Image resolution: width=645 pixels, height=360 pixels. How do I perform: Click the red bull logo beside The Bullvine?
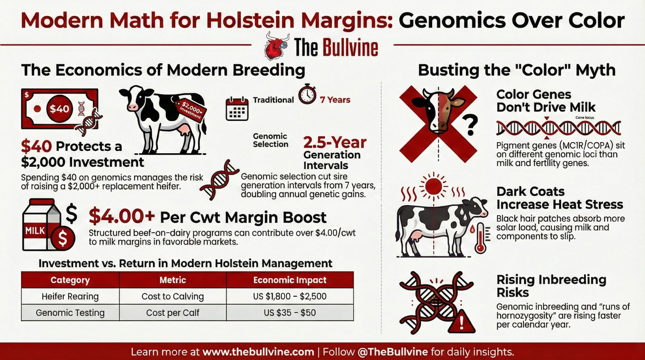(276, 46)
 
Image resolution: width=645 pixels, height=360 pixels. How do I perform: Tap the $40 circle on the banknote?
(59, 109)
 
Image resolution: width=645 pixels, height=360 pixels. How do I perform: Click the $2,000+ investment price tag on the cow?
(191, 110)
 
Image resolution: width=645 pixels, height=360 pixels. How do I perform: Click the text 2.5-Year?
(335, 142)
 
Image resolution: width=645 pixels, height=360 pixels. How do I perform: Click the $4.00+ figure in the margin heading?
(122, 216)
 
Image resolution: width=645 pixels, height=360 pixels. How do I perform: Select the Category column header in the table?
(70, 280)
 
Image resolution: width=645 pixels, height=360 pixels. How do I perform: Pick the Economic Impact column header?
(290, 280)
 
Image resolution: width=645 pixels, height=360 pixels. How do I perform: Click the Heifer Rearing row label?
(70, 296)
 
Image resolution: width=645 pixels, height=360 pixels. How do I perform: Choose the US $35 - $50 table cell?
(290, 313)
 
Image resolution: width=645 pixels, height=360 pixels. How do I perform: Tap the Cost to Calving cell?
(173, 296)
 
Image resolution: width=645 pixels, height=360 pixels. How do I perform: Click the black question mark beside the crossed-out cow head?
(471, 125)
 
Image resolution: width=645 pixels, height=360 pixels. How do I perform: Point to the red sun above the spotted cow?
(433, 186)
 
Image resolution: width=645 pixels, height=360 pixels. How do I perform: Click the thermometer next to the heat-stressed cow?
(480, 238)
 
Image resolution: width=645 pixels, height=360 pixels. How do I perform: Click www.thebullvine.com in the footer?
(258, 352)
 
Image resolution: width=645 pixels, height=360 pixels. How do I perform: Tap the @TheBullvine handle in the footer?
(393, 352)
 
